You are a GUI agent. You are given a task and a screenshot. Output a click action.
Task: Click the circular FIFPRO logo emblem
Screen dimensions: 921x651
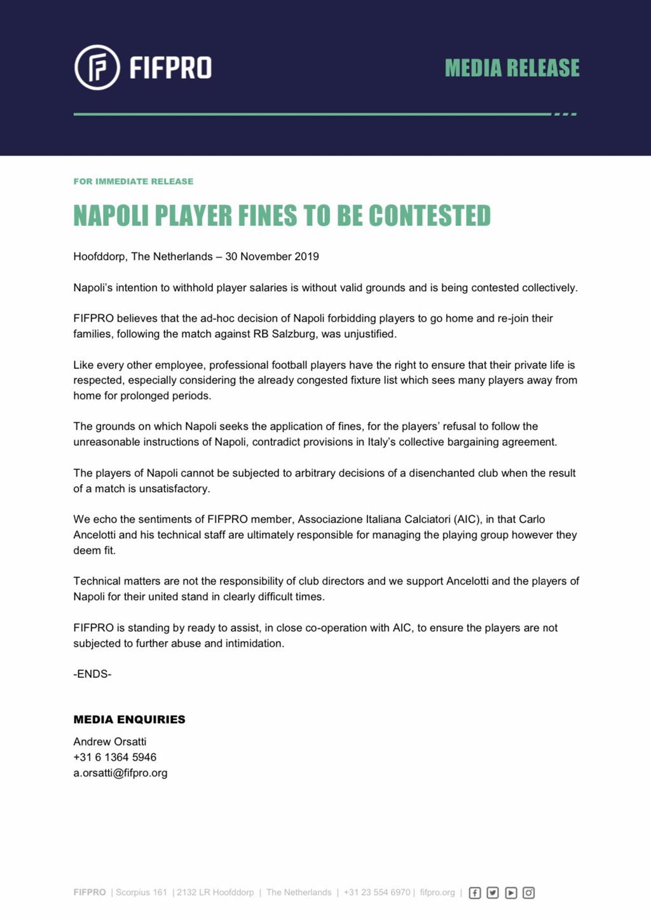point(97,67)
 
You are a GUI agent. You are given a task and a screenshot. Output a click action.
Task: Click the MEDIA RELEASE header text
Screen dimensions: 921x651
point(512,68)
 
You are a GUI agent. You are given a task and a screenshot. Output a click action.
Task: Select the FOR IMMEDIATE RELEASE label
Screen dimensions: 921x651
point(134,181)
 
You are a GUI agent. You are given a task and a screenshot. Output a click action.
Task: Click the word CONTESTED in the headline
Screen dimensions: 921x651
point(430,216)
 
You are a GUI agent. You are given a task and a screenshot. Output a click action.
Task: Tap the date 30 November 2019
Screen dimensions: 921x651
point(272,256)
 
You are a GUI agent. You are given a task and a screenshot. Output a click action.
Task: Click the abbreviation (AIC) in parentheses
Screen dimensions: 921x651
point(467,519)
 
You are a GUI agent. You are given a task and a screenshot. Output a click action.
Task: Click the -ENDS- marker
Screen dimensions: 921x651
point(92,674)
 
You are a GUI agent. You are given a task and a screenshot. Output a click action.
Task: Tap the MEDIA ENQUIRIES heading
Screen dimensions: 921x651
point(130,719)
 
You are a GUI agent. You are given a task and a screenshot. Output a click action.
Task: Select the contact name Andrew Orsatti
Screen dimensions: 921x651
point(110,742)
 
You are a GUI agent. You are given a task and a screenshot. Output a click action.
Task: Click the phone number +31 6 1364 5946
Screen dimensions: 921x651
point(115,757)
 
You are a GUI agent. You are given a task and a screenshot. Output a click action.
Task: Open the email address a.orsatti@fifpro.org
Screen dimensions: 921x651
point(121,773)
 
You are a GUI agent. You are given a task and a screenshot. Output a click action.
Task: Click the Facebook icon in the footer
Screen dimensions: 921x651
point(475,893)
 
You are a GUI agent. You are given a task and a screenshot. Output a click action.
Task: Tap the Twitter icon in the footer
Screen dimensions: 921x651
point(493,893)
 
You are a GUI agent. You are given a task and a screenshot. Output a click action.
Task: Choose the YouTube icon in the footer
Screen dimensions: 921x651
point(511,893)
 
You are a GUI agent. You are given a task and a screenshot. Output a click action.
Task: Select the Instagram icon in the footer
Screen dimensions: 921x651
point(529,893)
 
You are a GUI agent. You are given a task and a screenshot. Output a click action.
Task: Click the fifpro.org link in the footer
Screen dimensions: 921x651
point(437,892)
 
